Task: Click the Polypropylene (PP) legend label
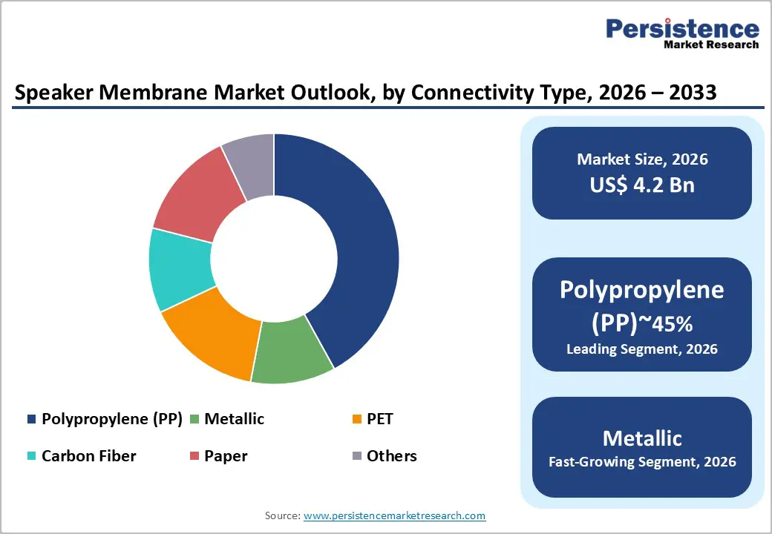pos(112,419)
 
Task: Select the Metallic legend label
pos(235,419)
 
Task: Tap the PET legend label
pos(380,419)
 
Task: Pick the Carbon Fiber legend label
pos(89,456)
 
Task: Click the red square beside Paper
pos(194,457)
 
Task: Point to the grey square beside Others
pos(356,457)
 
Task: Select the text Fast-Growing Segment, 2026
pos(642,462)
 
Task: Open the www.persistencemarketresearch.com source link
pos(394,515)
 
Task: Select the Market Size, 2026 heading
pos(642,159)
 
